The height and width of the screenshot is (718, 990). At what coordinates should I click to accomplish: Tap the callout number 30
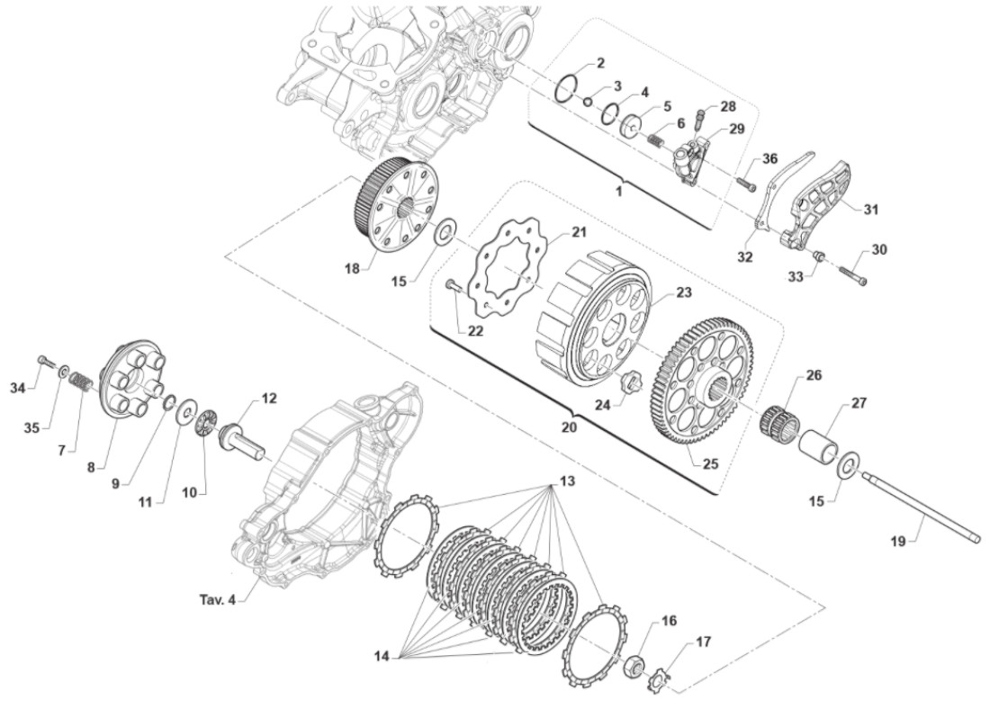(x=879, y=249)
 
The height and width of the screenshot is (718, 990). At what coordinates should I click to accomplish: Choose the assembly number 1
(x=619, y=192)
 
